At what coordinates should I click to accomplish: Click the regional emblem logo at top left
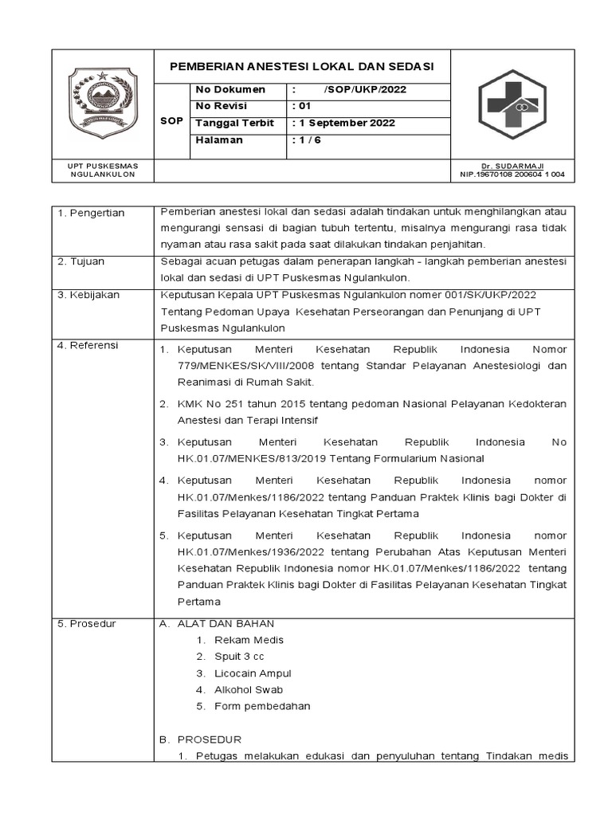click(101, 103)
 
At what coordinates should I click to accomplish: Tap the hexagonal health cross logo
click(512, 104)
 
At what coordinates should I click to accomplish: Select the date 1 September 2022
click(343, 124)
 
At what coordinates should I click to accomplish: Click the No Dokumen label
click(230, 89)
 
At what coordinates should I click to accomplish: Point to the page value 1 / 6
click(307, 140)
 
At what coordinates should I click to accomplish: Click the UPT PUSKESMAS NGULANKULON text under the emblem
click(102, 170)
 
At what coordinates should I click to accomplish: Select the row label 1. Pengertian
click(91, 213)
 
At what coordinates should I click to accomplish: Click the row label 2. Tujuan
click(81, 261)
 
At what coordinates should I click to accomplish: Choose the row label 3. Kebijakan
click(88, 295)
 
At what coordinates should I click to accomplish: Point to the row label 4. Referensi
click(88, 345)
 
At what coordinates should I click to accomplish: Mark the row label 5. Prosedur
click(87, 623)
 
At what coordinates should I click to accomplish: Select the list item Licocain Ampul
click(253, 673)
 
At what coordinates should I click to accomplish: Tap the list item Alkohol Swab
click(248, 689)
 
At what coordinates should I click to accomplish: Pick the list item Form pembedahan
click(262, 706)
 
